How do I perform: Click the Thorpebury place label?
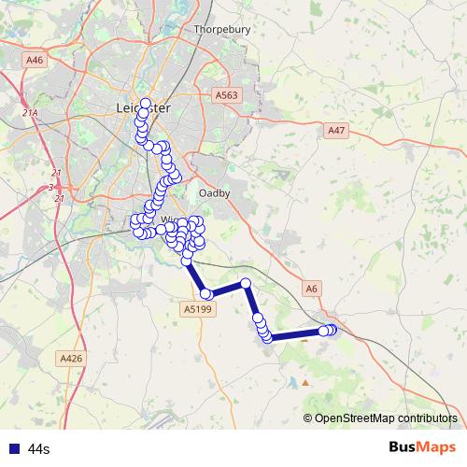[222, 29]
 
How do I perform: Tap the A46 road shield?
[35, 60]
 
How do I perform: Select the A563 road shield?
[226, 95]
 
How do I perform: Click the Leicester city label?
[144, 107]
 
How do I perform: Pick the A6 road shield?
[312, 290]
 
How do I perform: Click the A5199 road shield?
[198, 308]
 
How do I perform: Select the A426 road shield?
[71, 358]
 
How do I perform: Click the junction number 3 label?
[50, 187]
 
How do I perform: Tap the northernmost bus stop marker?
[145, 103]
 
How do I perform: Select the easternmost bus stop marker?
[333, 329]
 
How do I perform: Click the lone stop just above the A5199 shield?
[206, 294]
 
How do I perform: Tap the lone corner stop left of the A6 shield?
[246, 283]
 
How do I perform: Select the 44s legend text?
[38, 449]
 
